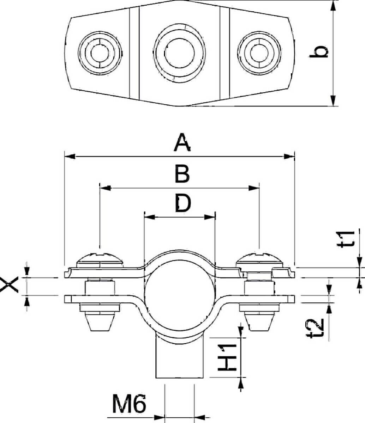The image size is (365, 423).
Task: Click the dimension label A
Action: (182, 143)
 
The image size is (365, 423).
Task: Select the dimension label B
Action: (182, 174)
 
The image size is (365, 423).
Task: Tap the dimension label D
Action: (183, 203)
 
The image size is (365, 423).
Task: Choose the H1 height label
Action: (227, 357)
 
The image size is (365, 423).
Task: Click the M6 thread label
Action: (129, 404)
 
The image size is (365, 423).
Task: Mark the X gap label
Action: (9, 285)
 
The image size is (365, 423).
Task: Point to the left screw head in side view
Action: (100, 259)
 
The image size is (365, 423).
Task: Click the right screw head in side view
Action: (260, 259)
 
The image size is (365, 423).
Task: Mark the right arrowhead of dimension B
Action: (255, 188)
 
